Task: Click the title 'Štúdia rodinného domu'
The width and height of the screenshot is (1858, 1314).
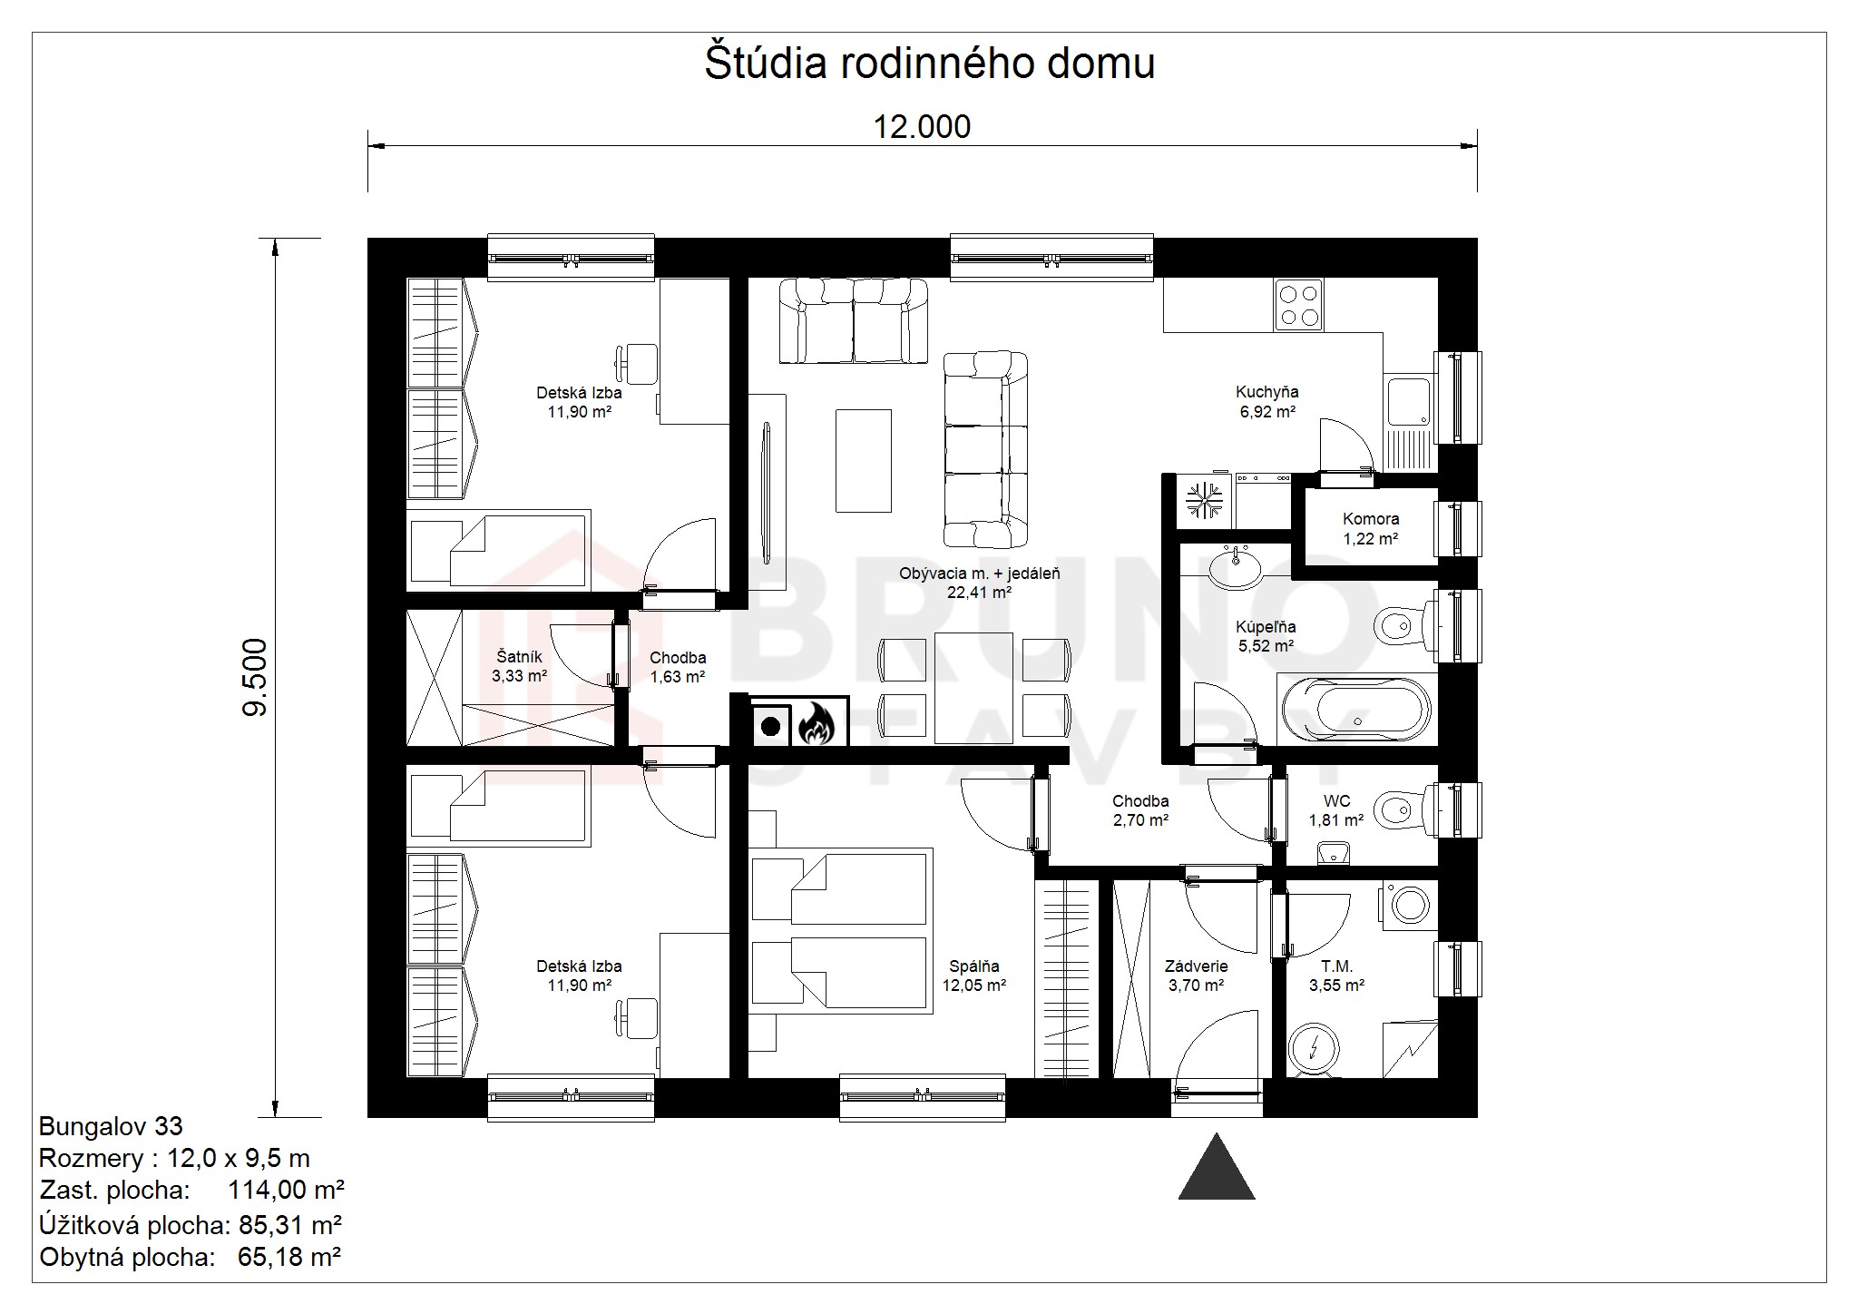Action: pos(929,64)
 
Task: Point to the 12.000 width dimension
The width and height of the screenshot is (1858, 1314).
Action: pos(922,127)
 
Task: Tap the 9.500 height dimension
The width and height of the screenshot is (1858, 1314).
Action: pos(256,678)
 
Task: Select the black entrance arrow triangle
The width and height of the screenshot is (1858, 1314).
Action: pos(1217,1166)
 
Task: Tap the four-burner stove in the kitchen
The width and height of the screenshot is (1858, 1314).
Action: pos(1297,305)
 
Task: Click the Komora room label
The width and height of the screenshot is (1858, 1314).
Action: pos(1371,519)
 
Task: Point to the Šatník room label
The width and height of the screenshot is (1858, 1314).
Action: pos(520,657)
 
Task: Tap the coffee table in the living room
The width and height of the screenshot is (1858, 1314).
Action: pos(863,460)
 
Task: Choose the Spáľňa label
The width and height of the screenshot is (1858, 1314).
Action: pos(974,966)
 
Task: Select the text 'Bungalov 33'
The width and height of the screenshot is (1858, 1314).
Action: pos(111,1127)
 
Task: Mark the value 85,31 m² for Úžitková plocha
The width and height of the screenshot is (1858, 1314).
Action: pos(290,1225)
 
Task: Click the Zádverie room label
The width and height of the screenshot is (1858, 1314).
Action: pos(1197,966)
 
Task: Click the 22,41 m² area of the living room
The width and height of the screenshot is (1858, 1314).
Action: pos(980,593)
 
